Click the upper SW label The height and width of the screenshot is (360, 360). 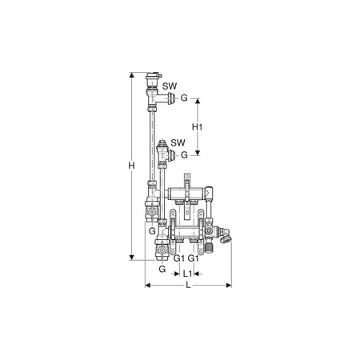[x=170, y=86]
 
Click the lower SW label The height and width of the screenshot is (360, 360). [x=178, y=142]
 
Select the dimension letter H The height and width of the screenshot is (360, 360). [x=131, y=166]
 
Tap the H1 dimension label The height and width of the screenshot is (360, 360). [x=198, y=127]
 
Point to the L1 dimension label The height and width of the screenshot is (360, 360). [x=188, y=274]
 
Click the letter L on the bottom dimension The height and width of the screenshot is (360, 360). [x=188, y=286]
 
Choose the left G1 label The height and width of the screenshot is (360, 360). [x=179, y=258]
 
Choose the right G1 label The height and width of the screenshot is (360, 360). [x=193, y=258]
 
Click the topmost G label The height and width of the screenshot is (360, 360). [x=184, y=98]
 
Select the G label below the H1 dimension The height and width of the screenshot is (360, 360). [x=184, y=155]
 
